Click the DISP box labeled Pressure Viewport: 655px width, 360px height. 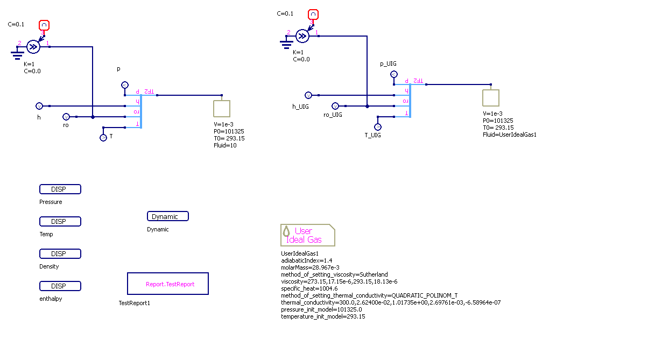(60, 189)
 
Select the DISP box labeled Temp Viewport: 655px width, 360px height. (60, 222)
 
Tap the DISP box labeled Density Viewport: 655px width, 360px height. (60, 254)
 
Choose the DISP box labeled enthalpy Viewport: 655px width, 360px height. (60, 286)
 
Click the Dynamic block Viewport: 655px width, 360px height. (168, 216)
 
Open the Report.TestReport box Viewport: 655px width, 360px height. (168, 284)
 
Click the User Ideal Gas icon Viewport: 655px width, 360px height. (307, 235)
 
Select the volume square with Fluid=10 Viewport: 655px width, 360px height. (222, 109)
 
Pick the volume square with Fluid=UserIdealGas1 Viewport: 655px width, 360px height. (490, 98)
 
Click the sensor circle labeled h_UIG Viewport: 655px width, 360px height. (308, 95)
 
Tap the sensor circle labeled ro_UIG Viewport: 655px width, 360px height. (335, 106)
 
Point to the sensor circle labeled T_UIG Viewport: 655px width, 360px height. (378, 127)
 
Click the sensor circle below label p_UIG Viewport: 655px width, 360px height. (393, 74)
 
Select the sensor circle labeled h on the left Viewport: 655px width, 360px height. (39, 106)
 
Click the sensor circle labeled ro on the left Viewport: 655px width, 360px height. (66, 117)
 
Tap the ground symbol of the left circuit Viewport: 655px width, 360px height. (18, 53)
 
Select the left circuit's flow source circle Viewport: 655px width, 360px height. (33, 47)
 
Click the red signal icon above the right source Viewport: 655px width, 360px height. (313, 15)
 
